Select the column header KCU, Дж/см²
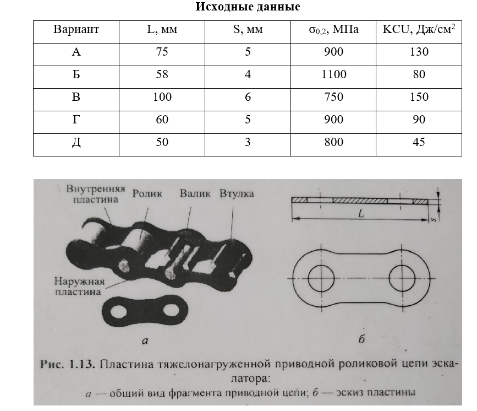[x=419, y=30]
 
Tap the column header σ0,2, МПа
[x=333, y=30]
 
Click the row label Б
[x=76, y=74]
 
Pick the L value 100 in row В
[x=162, y=97]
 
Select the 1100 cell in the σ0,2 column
[x=333, y=74]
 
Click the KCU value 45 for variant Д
[x=419, y=142]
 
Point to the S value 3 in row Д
[x=248, y=142]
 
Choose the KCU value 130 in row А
[x=419, y=52]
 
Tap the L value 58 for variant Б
[x=162, y=74]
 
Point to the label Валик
[x=195, y=193]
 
